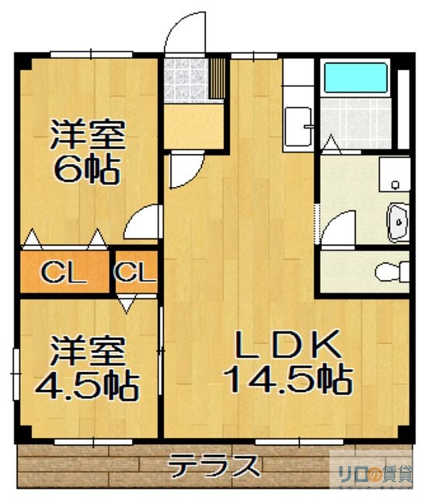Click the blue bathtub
coord(354,79)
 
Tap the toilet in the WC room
coord(389,272)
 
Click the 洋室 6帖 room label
coord(87,152)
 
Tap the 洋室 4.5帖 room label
coord(87,366)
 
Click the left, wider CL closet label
coord(63,272)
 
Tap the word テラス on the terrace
coord(214,467)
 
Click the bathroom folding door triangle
coord(331,145)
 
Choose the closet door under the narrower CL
coord(128,300)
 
